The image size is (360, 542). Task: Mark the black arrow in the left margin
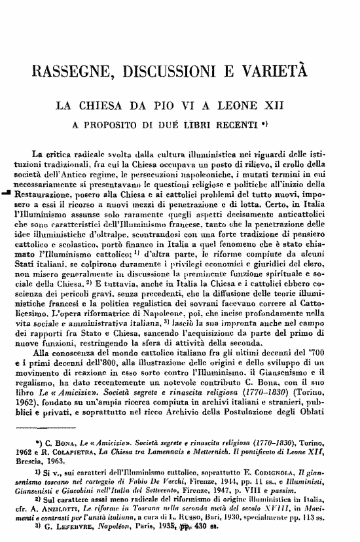point(7,193)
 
